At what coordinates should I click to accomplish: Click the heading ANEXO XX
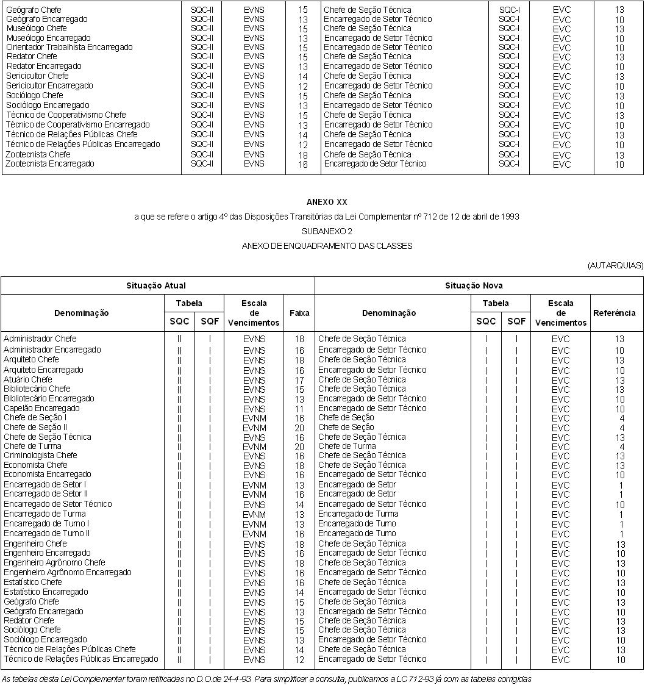tap(327, 202)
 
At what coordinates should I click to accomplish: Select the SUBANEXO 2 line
tap(327, 231)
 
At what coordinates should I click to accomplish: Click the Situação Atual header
tap(156, 285)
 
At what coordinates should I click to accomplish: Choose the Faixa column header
tap(299, 313)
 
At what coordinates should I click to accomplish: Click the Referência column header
tap(614, 313)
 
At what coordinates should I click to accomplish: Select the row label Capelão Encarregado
tap(41, 408)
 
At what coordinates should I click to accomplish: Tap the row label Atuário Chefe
tap(28, 379)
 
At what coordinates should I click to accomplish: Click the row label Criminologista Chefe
tap(40, 456)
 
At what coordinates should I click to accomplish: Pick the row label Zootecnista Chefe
tap(38, 155)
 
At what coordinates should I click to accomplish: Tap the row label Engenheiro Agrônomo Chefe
tap(54, 562)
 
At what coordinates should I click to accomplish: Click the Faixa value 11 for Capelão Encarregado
tap(299, 409)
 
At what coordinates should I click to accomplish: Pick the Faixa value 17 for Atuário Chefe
tap(299, 380)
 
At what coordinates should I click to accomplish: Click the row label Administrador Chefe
tap(40, 339)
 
